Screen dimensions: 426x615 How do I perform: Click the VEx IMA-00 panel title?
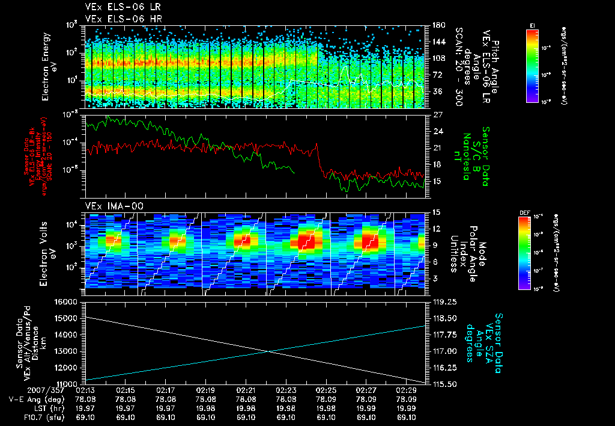pos(114,206)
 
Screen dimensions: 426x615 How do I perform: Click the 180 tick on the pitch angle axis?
pos(437,26)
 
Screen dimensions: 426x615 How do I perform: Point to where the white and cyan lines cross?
pos(268,351)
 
